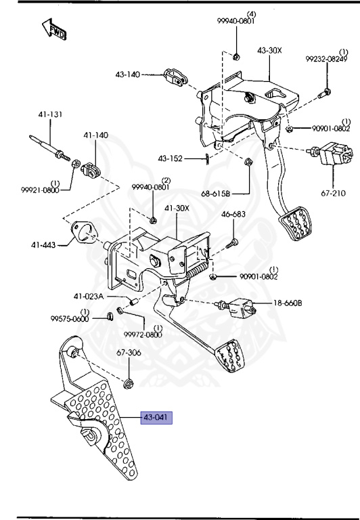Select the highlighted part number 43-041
(156, 418)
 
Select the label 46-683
(233, 215)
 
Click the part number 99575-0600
(70, 318)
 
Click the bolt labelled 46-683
(233, 240)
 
